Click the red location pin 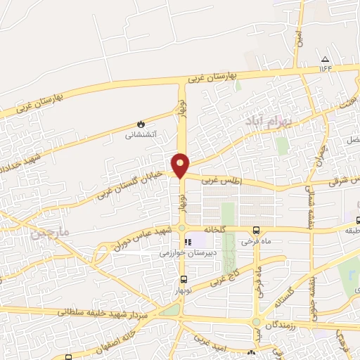click(181, 165)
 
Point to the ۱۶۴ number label click(325, 68)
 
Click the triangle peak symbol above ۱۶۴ click(325, 59)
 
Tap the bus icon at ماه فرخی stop click(255, 231)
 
